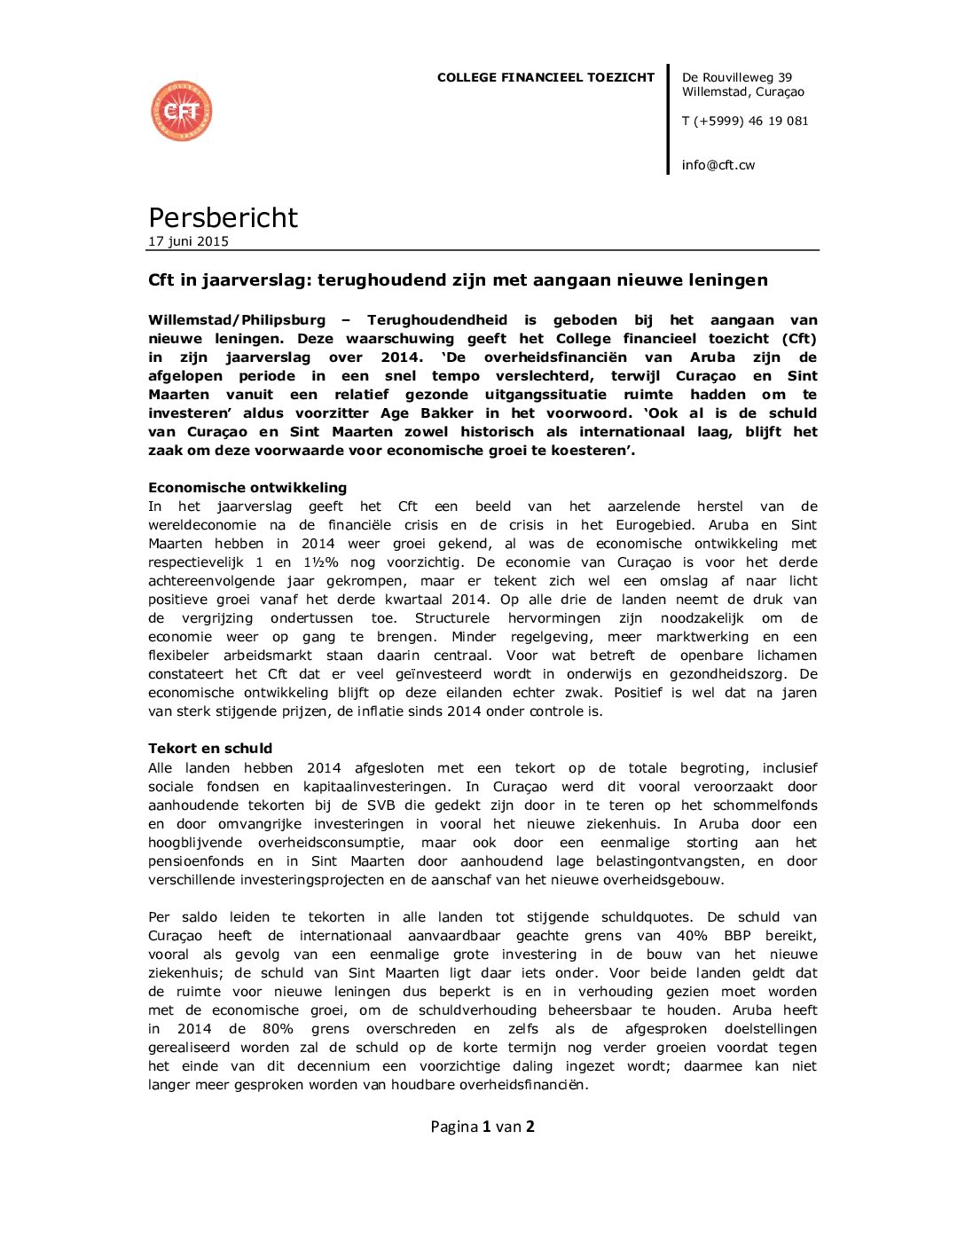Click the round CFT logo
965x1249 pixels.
click(x=182, y=111)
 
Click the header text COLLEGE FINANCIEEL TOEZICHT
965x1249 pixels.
click(x=545, y=77)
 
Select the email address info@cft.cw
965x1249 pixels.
click(x=718, y=165)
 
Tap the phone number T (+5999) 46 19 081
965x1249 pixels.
click(x=745, y=121)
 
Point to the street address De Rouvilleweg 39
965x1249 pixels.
click(x=737, y=77)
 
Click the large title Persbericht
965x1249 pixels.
click(x=223, y=217)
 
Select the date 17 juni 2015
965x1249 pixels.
click(x=188, y=241)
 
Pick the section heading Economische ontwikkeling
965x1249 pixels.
click(x=247, y=487)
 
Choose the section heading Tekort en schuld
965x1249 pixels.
click(x=210, y=748)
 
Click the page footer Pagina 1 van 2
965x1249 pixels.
click(x=482, y=1127)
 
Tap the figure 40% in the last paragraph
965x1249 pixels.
click(x=692, y=936)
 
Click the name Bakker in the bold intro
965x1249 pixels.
click(x=447, y=413)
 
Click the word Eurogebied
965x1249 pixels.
click(x=652, y=525)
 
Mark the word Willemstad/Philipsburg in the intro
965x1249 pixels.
click(x=237, y=320)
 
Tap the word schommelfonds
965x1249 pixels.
click(x=765, y=805)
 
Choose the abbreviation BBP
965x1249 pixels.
click(x=737, y=936)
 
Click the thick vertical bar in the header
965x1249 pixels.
click(x=668, y=119)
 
